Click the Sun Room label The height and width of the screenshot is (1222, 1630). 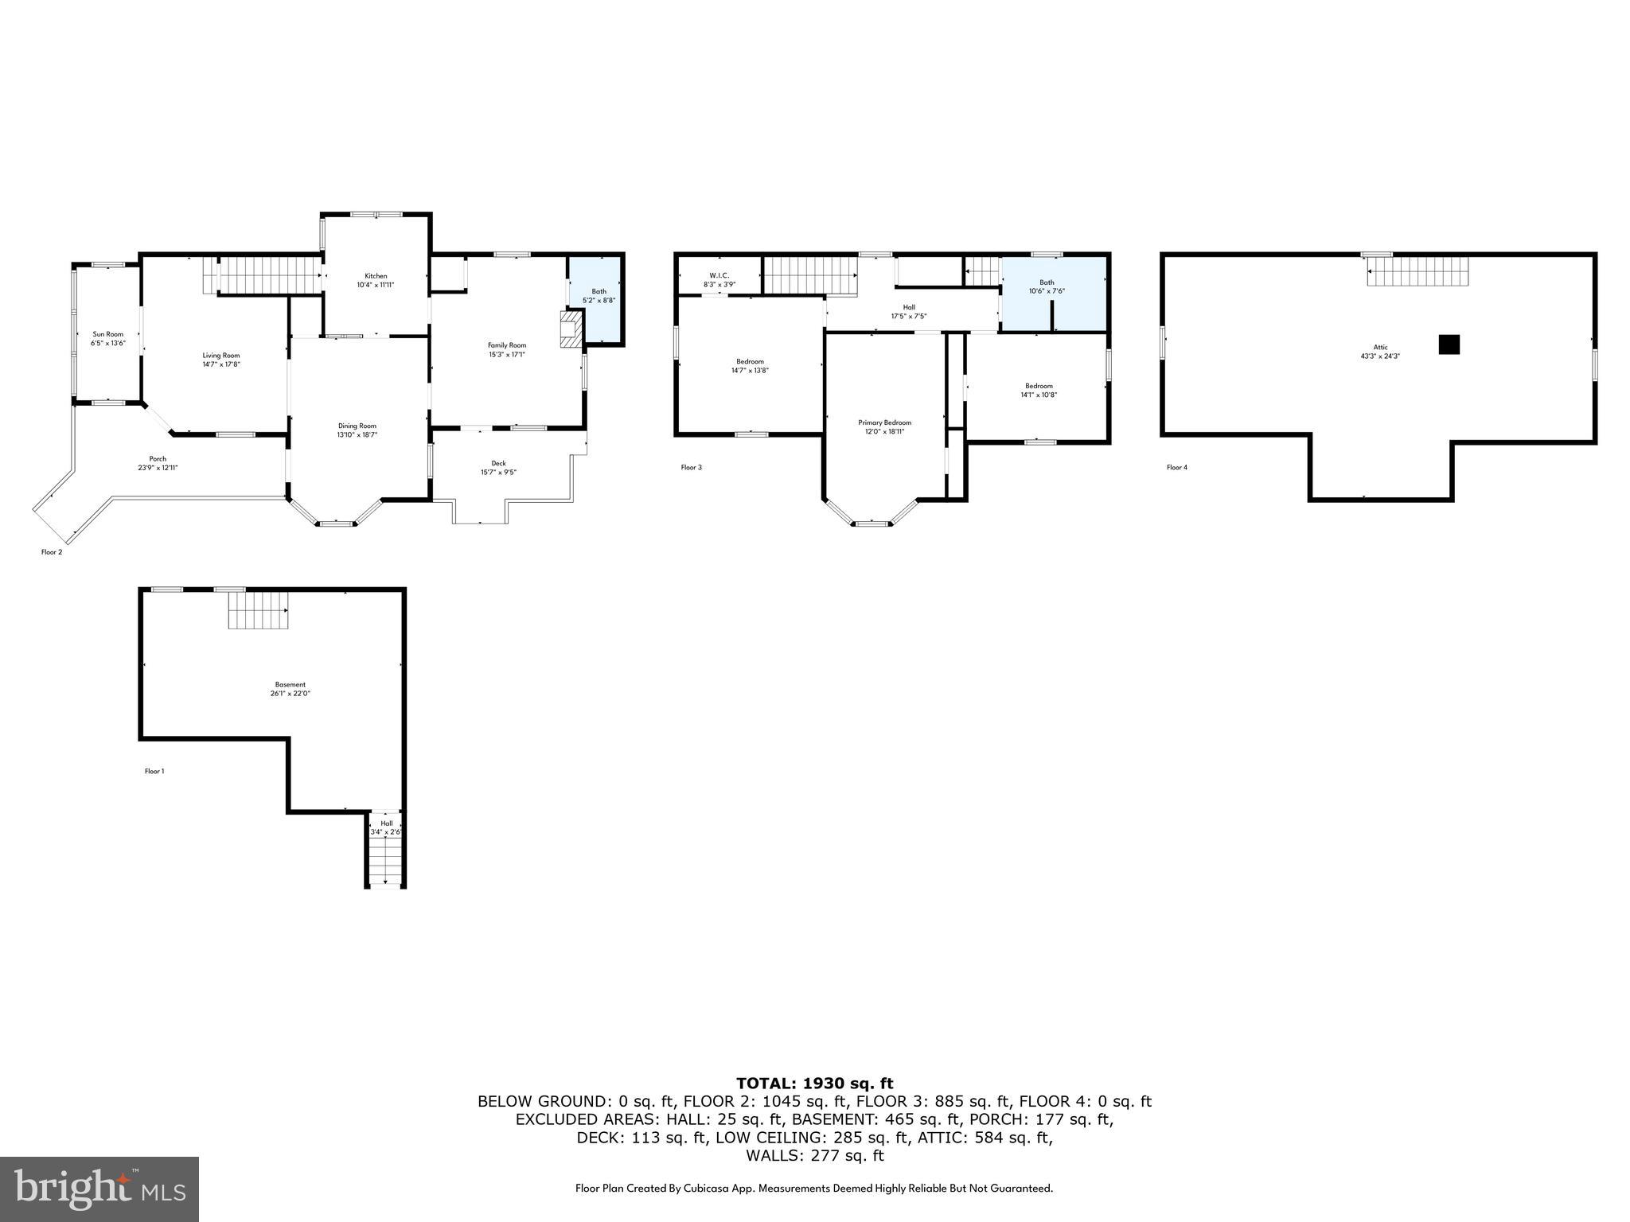(x=108, y=334)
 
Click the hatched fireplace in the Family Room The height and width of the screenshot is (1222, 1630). (x=571, y=329)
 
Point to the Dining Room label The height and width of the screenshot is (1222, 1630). (x=357, y=426)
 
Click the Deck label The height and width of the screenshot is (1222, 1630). (x=498, y=464)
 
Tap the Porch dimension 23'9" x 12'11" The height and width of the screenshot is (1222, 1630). (x=158, y=468)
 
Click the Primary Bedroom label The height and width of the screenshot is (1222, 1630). (x=884, y=422)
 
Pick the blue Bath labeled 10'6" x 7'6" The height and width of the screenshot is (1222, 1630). (x=1047, y=287)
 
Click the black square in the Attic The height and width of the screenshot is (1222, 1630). (x=1449, y=344)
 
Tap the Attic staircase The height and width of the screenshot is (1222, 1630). (x=1417, y=271)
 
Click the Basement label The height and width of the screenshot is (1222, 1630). (x=290, y=684)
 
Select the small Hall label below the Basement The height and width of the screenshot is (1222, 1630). (x=386, y=823)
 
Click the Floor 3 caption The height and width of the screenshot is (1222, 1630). (x=691, y=468)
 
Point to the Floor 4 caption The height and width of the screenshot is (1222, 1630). (x=1176, y=468)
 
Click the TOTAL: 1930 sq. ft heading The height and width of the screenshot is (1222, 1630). (x=814, y=1083)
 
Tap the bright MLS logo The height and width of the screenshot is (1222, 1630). (x=99, y=1189)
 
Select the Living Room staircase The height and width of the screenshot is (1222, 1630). (x=267, y=274)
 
